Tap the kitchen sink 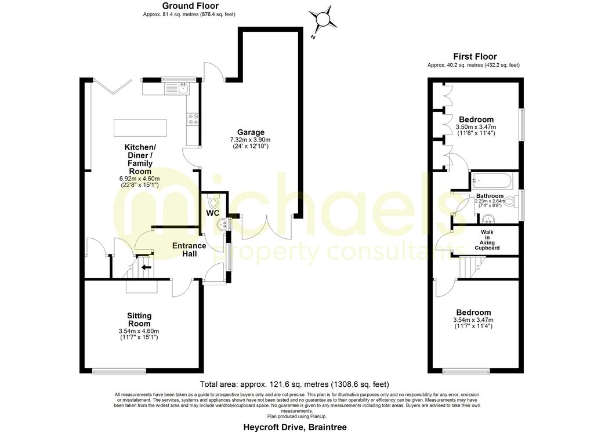pyautogui.click(x=182, y=88)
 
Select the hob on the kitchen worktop pyautogui.click(x=193, y=119)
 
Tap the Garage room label pyautogui.click(x=250, y=132)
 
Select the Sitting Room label pyautogui.click(x=139, y=320)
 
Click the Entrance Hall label pyautogui.click(x=189, y=249)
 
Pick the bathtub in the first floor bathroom pyautogui.click(x=491, y=180)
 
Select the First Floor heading pyautogui.click(x=475, y=56)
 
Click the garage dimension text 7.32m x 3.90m pyautogui.click(x=250, y=140)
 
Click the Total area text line pyautogui.click(x=294, y=384)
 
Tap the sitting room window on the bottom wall pyautogui.click(x=119, y=371)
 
